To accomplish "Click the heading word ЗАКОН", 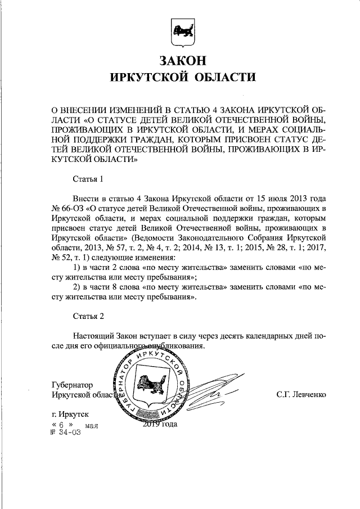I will (x=180, y=61).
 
